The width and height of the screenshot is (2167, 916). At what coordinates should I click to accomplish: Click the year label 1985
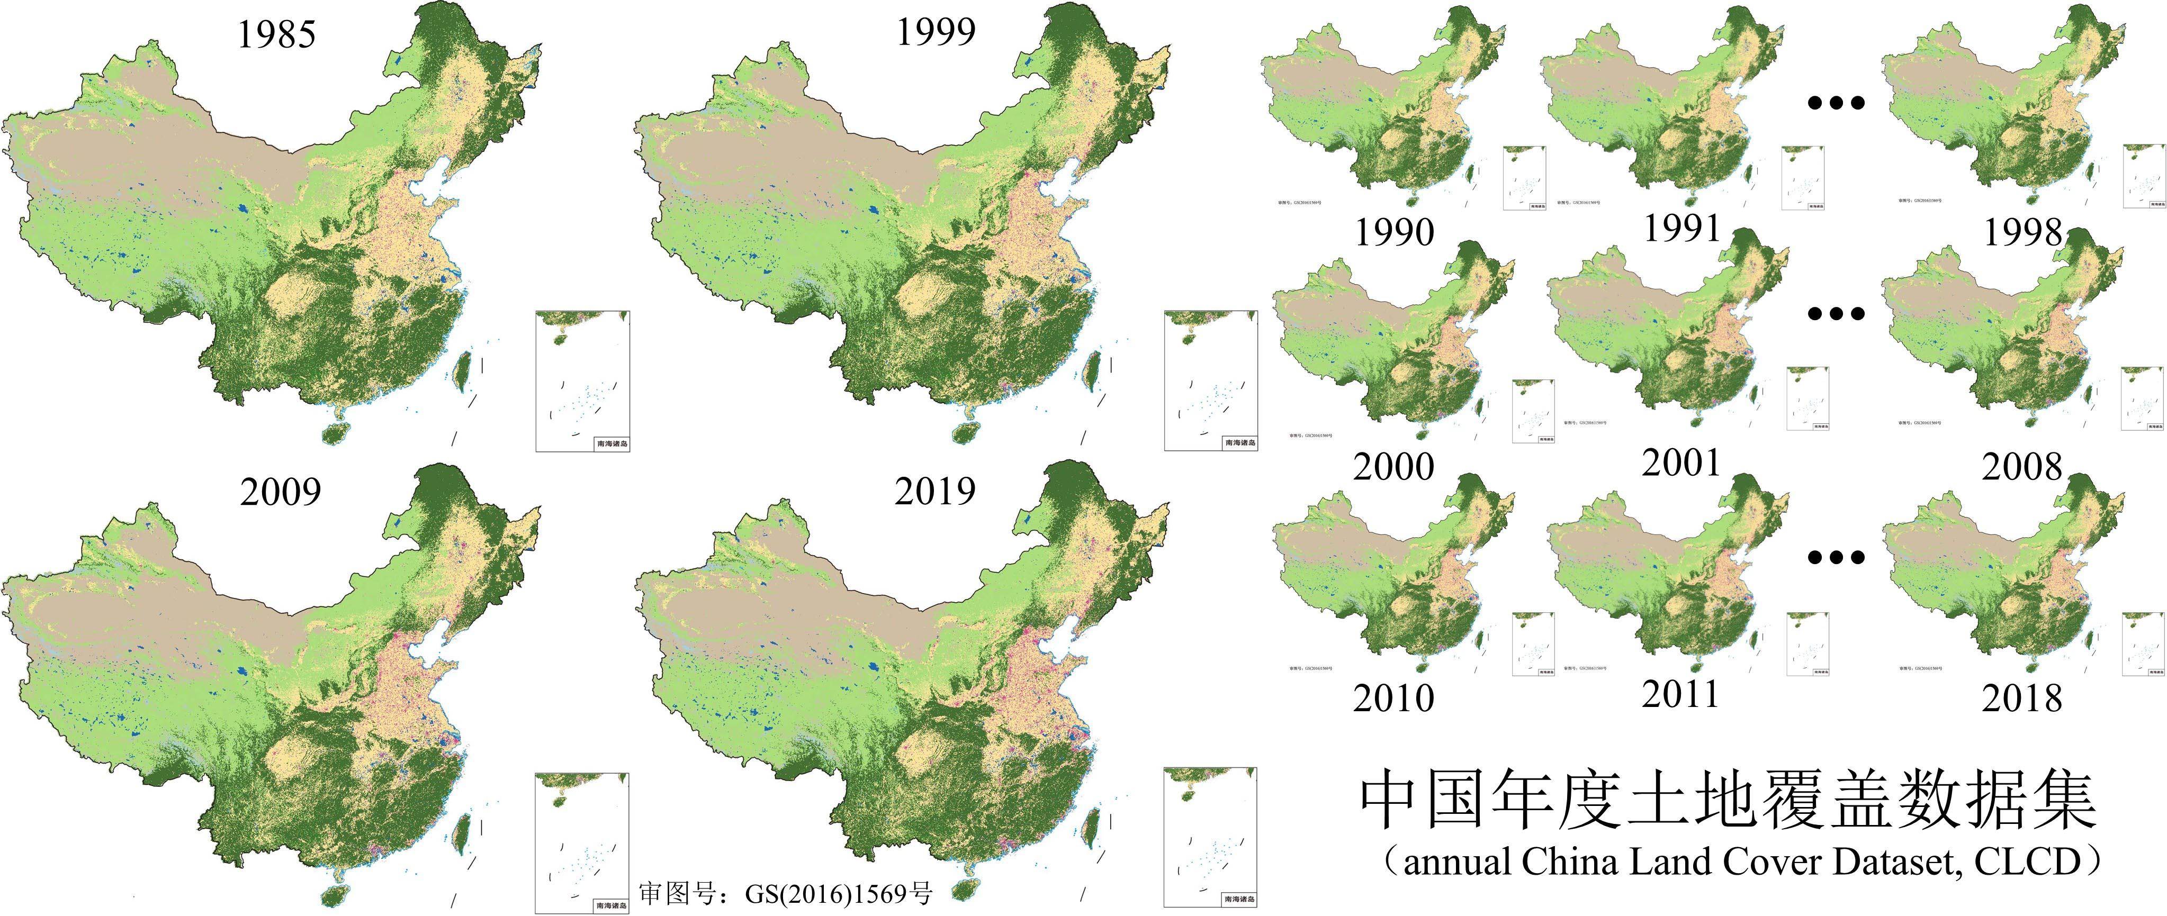pos(277,34)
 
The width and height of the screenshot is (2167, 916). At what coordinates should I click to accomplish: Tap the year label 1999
pos(936,32)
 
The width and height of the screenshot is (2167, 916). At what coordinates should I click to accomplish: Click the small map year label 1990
pos(1394,232)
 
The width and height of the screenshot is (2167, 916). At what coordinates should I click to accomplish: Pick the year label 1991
pos(1681,229)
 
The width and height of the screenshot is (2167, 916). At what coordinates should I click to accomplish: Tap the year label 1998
pos(2022,232)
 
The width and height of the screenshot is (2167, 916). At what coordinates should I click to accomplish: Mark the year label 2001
pos(1681,462)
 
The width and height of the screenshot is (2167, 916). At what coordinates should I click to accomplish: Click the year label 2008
pos(2022,467)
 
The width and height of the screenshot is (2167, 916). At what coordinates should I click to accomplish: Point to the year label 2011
pos(1681,694)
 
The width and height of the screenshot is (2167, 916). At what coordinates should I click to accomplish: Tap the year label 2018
pos(2022,698)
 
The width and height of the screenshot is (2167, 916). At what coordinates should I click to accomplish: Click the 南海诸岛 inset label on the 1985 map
pos(612,443)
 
